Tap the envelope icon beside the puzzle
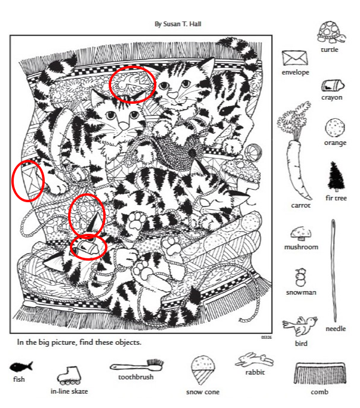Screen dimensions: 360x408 point(295,58)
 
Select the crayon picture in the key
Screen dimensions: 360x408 point(333,85)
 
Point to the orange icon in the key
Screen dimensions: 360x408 point(335,128)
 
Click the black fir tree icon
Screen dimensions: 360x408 point(336,177)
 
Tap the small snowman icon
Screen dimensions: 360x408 point(301,277)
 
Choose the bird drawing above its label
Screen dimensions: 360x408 point(300,326)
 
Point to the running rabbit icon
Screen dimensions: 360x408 point(254,360)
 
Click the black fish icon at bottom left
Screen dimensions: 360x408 point(21,367)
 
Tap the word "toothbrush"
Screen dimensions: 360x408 point(136,377)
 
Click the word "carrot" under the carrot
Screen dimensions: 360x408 point(301,205)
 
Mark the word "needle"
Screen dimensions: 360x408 point(336,329)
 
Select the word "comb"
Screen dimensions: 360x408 point(319,392)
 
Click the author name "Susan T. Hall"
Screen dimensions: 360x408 point(182,24)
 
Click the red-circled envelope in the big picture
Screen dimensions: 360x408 point(29,180)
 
